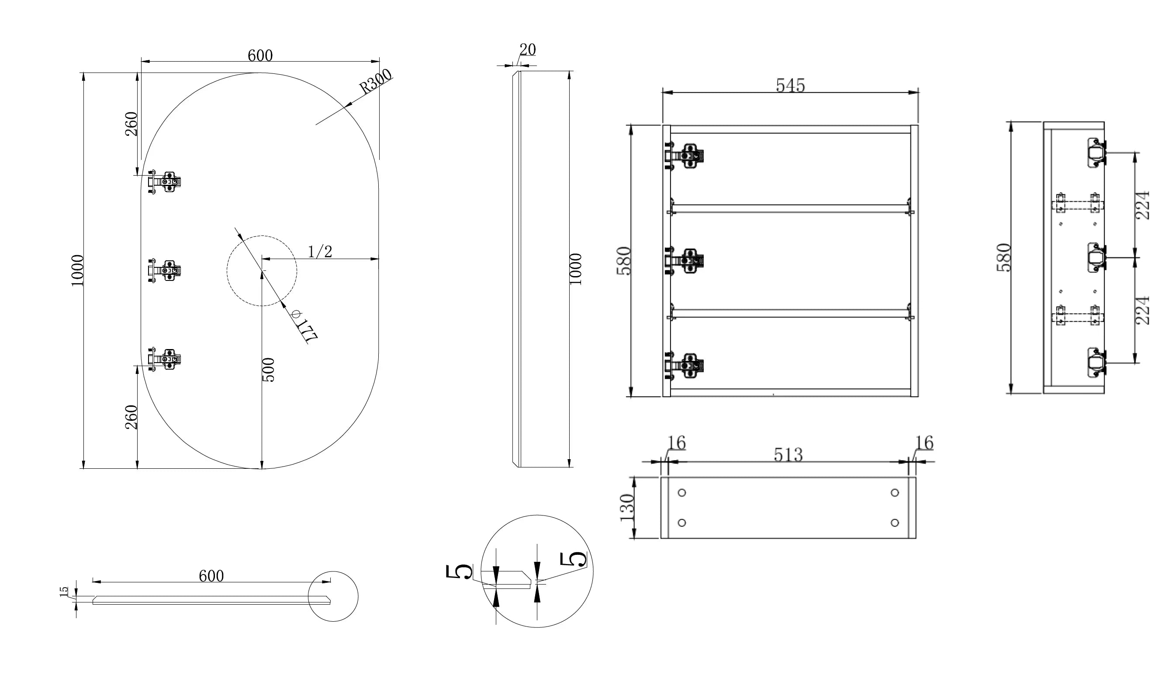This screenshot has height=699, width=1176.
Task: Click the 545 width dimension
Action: (x=790, y=85)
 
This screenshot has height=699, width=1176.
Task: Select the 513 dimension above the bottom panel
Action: (x=789, y=454)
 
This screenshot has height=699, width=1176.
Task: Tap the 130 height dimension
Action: (x=627, y=507)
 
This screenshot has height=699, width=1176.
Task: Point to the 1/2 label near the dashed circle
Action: (x=320, y=252)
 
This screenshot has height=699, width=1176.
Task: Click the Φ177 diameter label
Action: (x=304, y=325)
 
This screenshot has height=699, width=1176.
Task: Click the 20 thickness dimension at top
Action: (x=527, y=49)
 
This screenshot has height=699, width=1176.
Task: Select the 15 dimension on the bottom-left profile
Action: (x=64, y=592)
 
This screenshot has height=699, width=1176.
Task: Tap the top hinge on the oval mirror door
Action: (x=164, y=181)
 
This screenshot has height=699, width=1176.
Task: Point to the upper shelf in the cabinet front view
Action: (x=790, y=209)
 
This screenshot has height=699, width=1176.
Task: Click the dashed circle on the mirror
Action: (x=262, y=270)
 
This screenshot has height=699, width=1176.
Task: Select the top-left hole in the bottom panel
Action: (x=681, y=493)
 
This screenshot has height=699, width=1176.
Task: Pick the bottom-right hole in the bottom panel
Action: (x=895, y=523)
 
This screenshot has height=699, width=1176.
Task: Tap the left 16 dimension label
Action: (x=676, y=443)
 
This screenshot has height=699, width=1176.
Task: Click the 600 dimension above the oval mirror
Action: (x=260, y=55)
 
